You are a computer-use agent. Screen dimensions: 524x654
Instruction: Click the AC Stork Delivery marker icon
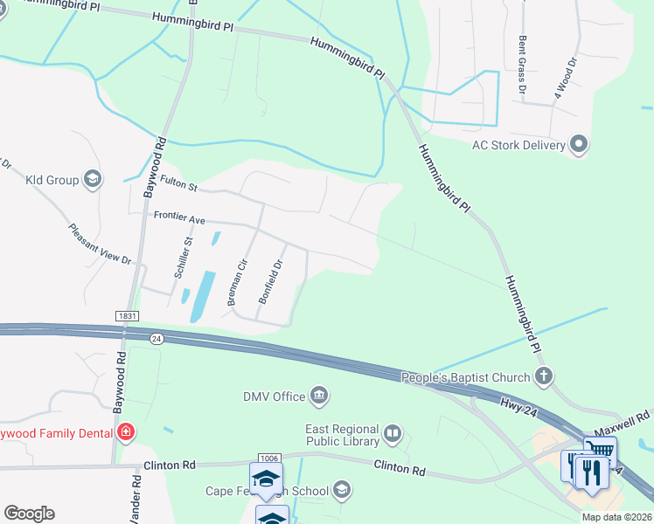point(578,144)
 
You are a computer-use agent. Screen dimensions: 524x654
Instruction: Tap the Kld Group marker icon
point(92,180)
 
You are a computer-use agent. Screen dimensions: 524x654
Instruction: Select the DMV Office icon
point(319,396)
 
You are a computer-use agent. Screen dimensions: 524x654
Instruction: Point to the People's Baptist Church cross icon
point(544,377)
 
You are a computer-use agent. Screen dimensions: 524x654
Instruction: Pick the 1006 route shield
point(268,458)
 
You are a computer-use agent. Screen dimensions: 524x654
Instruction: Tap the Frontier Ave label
point(179,218)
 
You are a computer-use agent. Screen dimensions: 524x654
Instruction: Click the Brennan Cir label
point(236,281)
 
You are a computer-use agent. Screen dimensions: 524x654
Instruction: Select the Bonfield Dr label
point(271,281)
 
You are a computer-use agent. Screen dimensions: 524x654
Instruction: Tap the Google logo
point(29,514)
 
